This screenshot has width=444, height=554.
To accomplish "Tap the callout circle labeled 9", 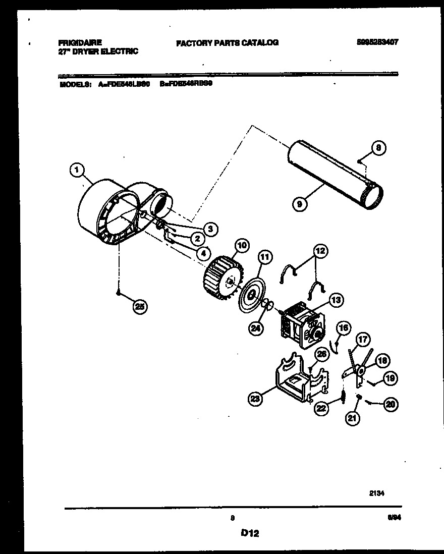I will (301, 204).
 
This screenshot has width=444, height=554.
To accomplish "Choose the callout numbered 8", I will (379, 148).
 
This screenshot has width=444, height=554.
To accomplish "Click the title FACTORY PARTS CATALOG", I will (227, 43).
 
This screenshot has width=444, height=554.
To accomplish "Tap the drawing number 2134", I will (377, 494).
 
